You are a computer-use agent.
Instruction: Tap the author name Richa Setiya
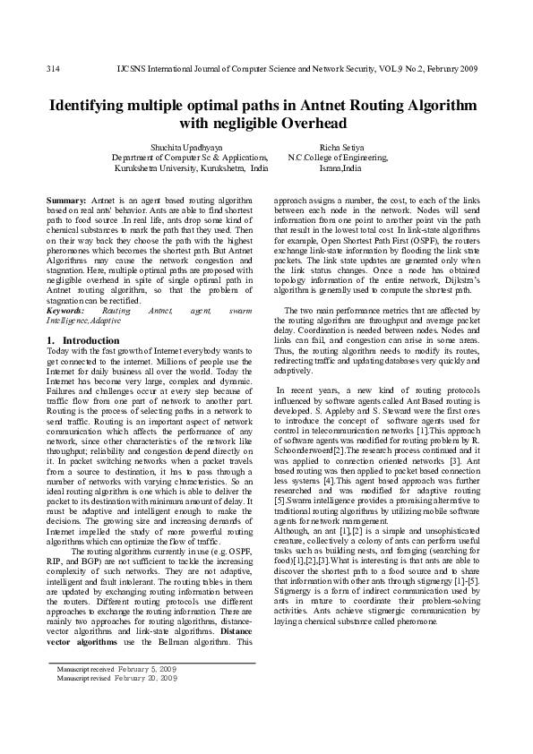[342, 147]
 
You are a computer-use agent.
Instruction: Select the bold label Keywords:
[65, 310]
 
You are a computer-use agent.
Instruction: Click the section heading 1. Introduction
[82, 341]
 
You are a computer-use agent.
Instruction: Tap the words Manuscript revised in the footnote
[83, 679]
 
